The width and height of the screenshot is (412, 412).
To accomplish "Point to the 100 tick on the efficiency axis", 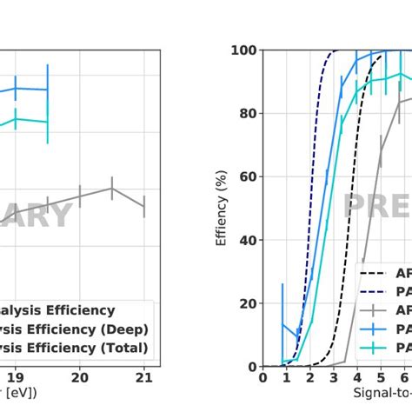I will [243, 50].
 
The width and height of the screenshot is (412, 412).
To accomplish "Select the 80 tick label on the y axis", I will [247, 114].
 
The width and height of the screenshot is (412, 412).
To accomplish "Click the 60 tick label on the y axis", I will [247, 177].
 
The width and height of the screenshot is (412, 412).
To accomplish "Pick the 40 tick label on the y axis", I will [247, 240].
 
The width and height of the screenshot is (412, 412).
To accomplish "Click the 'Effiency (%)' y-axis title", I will [222, 209].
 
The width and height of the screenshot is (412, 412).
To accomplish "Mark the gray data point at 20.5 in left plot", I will [112, 188].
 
